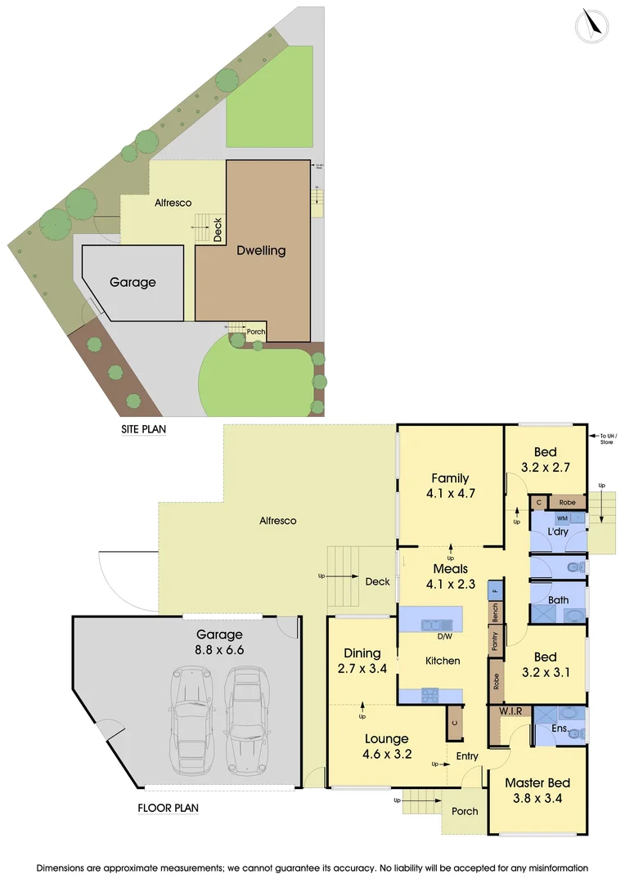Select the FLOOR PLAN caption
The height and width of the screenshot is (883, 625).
[x=169, y=808]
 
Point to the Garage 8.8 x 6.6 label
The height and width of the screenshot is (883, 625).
[x=220, y=642]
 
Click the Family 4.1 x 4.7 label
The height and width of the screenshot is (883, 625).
[x=451, y=486]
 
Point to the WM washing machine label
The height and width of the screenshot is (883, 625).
[x=562, y=518]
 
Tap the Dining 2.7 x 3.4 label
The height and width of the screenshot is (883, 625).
[x=362, y=661]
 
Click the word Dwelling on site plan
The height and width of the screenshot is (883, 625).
[x=261, y=250]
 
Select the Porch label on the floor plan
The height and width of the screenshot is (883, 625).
[x=465, y=812]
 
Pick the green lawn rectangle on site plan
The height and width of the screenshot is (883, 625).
[x=269, y=96]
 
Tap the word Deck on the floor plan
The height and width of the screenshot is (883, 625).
[x=377, y=582]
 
